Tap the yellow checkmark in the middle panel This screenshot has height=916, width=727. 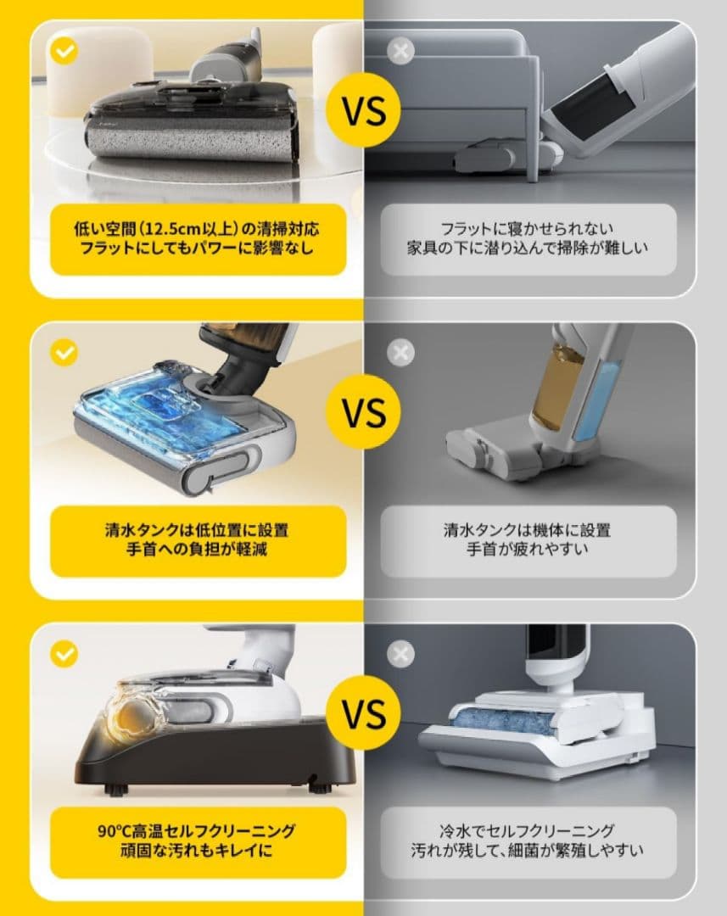coord(64,352)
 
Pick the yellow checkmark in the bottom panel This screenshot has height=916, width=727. coord(64,653)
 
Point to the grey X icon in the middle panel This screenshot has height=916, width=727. coord(400,352)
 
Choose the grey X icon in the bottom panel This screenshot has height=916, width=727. coord(400,653)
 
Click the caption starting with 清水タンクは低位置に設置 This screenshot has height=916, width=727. coord(197,540)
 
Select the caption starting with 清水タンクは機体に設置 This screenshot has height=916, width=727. coord(527,540)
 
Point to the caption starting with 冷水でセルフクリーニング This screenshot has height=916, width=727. coord(527,841)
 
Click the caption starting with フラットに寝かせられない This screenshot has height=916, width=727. coord(527,239)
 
